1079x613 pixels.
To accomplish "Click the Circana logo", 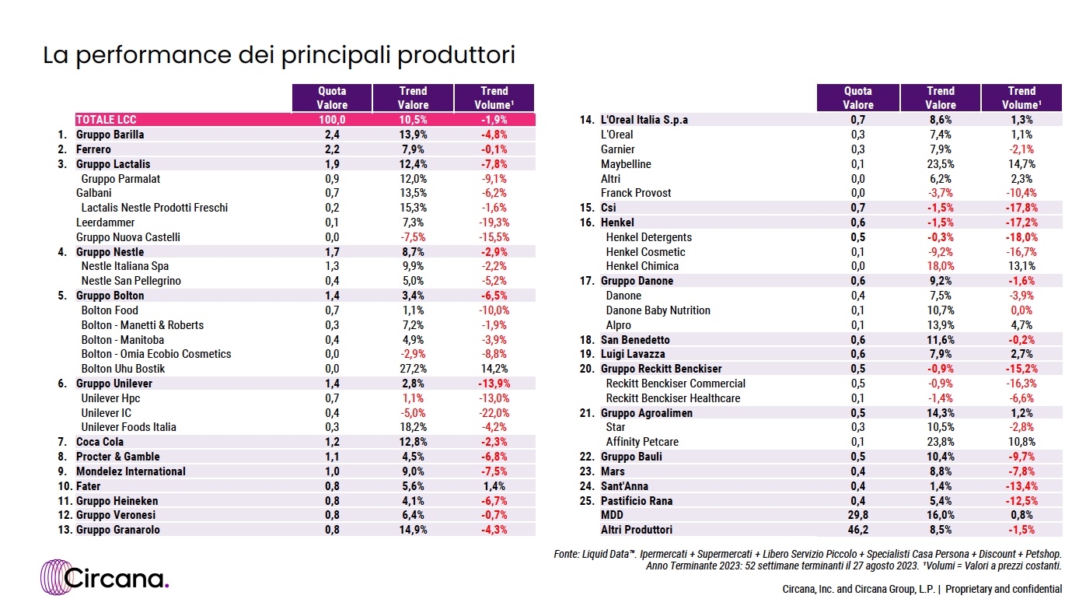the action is (104, 577).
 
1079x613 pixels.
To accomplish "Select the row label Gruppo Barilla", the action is (110, 135).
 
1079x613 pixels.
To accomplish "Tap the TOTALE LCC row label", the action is (106, 120).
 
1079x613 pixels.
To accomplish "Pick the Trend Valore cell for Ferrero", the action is (413, 149).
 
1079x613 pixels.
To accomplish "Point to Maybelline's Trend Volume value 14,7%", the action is (1021, 164).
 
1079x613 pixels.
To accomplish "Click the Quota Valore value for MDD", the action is (858, 515).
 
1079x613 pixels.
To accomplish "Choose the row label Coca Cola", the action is (100, 442).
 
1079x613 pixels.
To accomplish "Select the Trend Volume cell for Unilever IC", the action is (494, 413).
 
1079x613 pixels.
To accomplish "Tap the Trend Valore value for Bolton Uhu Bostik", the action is (413, 369).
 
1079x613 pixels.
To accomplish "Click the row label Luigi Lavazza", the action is (633, 354).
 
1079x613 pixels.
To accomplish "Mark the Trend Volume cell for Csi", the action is (1021, 208).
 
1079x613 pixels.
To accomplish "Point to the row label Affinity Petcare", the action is (642, 442).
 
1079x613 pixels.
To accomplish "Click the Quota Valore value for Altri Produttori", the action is (858, 530).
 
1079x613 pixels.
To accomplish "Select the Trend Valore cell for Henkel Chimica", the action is (941, 266).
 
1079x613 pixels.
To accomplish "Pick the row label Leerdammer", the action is (105, 222).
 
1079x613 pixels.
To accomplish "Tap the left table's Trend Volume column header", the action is (494, 98).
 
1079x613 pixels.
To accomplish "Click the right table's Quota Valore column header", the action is (858, 98).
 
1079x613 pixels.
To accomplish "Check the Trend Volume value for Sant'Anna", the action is (1021, 486).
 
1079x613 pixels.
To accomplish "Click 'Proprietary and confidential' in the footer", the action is (1004, 589).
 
